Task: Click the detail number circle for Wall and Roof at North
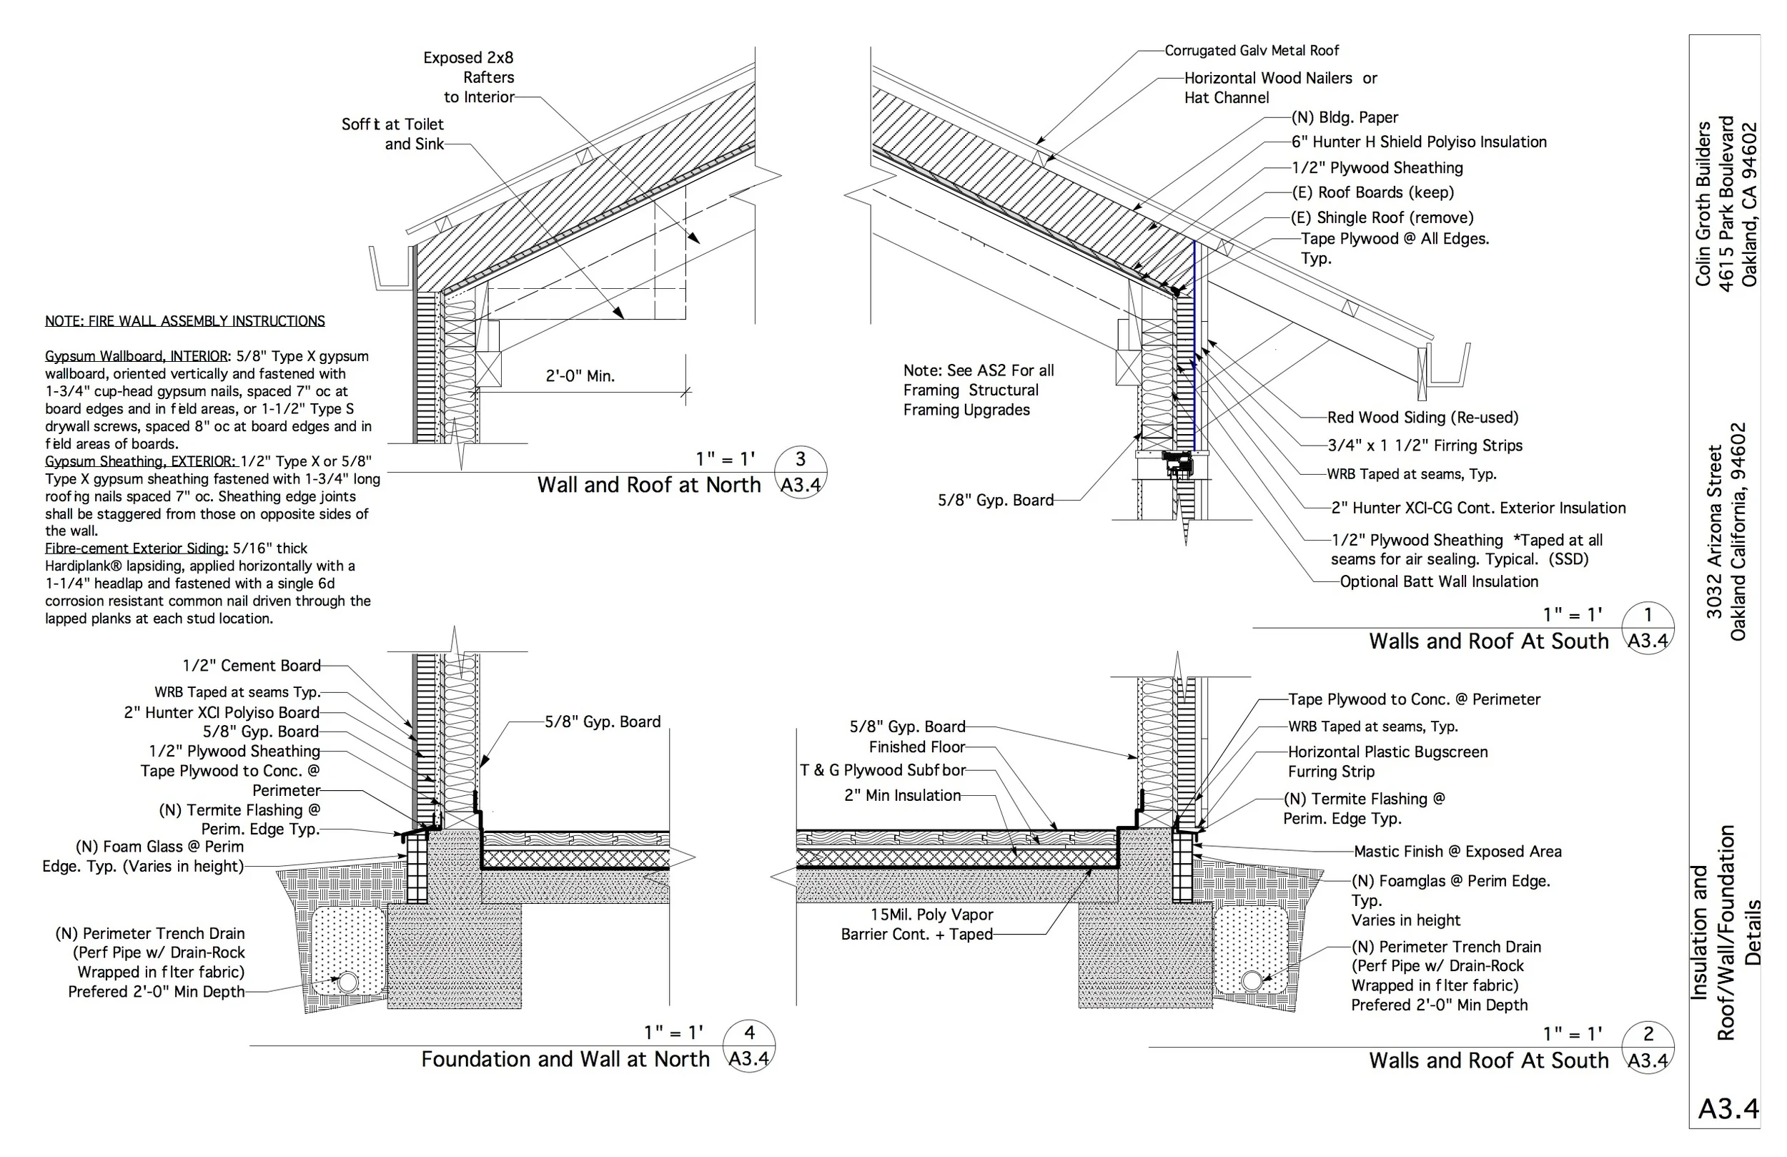801,472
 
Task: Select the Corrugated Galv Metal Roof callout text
1252,50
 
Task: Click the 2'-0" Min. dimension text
580,376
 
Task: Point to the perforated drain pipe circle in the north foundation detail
347,982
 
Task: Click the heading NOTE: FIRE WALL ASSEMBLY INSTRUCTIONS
184,321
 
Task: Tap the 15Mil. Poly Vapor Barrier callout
917,925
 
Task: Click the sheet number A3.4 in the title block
1728,1109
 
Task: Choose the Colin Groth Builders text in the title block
1702,203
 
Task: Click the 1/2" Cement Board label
252,666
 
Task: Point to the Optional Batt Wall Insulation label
1439,581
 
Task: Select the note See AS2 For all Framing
978,390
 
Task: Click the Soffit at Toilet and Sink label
392,134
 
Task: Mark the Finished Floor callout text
917,747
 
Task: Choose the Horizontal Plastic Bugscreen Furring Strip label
1387,761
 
